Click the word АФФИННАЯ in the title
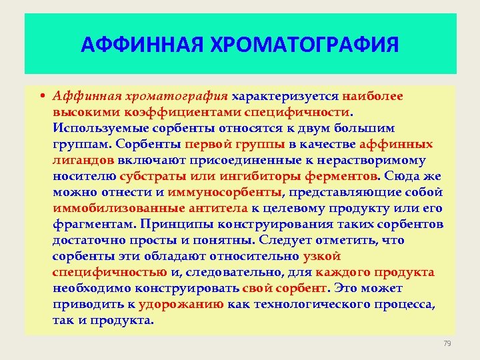point(139,45)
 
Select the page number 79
point(447,343)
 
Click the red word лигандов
point(83,160)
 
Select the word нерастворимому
point(381,160)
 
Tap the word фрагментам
point(89,224)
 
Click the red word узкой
point(322,256)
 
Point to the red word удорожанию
point(181,304)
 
